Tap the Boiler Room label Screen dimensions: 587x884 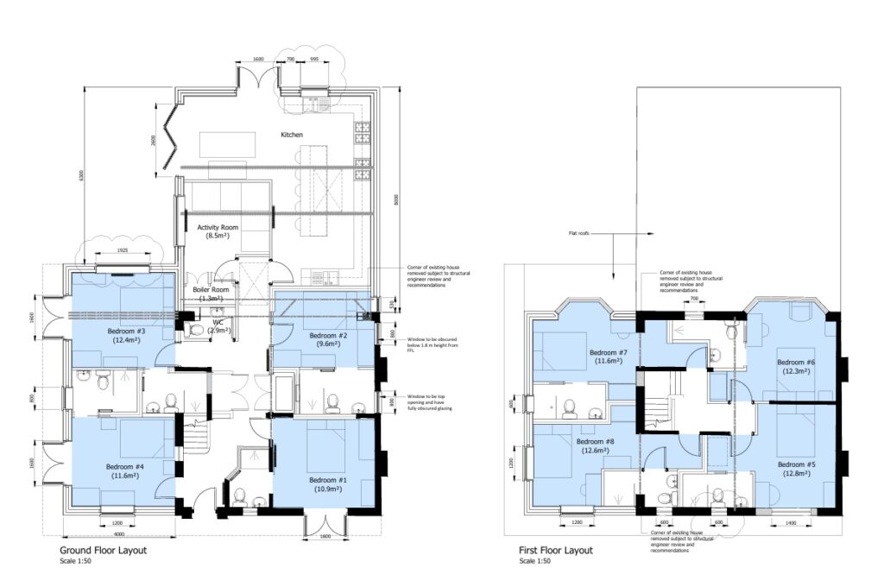click(x=211, y=290)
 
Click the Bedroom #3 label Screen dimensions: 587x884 click(x=126, y=331)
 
